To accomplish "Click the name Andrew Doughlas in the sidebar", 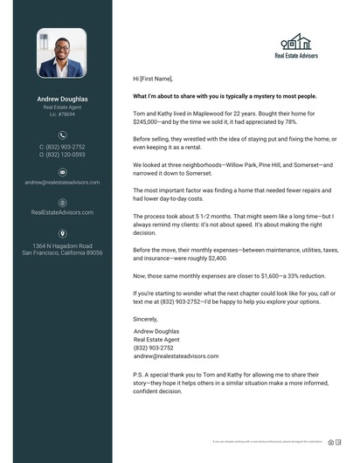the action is pyautogui.click(x=62, y=99).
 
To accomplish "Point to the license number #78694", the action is pyautogui.click(x=62, y=114).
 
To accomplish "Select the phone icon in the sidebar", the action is pyautogui.click(x=62, y=135).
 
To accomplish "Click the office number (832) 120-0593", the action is pyautogui.click(x=62, y=155).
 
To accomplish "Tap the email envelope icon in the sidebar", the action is pyautogui.click(x=62, y=172).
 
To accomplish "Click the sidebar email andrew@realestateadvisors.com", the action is pyautogui.click(x=62, y=183).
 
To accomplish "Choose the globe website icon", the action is pyautogui.click(x=62, y=202).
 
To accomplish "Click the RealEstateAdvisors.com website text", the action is pyautogui.click(x=62, y=212).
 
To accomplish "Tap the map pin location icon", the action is pyautogui.click(x=62, y=233).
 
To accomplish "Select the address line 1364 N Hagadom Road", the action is pyautogui.click(x=62, y=245).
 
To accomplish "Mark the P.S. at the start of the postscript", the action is pyautogui.click(x=137, y=371).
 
